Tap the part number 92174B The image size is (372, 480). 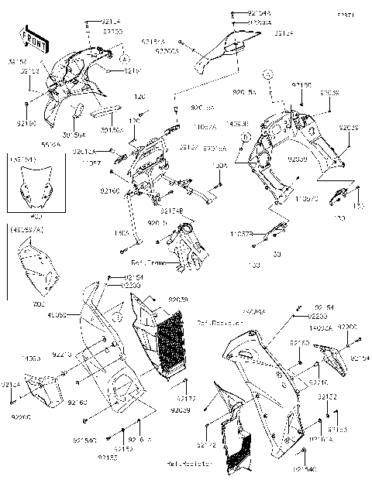coord(172,209)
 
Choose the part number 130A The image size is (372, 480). coord(219,166)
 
